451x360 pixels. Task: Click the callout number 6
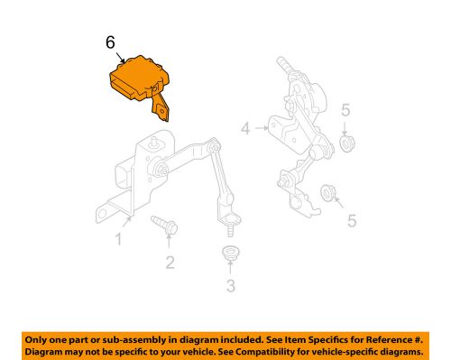pyautogui.click(x=110, y=42)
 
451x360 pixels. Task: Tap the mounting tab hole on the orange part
pyautogui.click(x=162, y=112)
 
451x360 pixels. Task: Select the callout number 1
pyautogui.click(x=119, y=239)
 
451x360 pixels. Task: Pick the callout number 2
pyautogui.click(x=170, y=263)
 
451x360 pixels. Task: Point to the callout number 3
pyautogui.click(x=231, y=285)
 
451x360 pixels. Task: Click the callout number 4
pyautogui.click(x=245, y=128)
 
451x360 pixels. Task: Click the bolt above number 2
pyautogui.click(x=164, y=225)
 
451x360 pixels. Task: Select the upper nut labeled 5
pyautogui.click(x=347, y=143)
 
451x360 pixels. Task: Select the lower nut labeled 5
pyautogui.click(x=327, y=193)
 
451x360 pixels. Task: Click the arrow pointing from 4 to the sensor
pyautogui.click(x=262, y=128)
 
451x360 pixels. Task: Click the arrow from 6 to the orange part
pyautogui.click(x=120, y=58)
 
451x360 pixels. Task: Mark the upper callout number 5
pyautogui.click(x=345, y=110)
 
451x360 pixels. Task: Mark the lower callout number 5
pyautogui.click(x=352, y=221)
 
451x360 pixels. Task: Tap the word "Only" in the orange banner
pyautogui.click(x=34, y=340)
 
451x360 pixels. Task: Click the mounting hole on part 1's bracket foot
pyautogui.click(x=102, y=214)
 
